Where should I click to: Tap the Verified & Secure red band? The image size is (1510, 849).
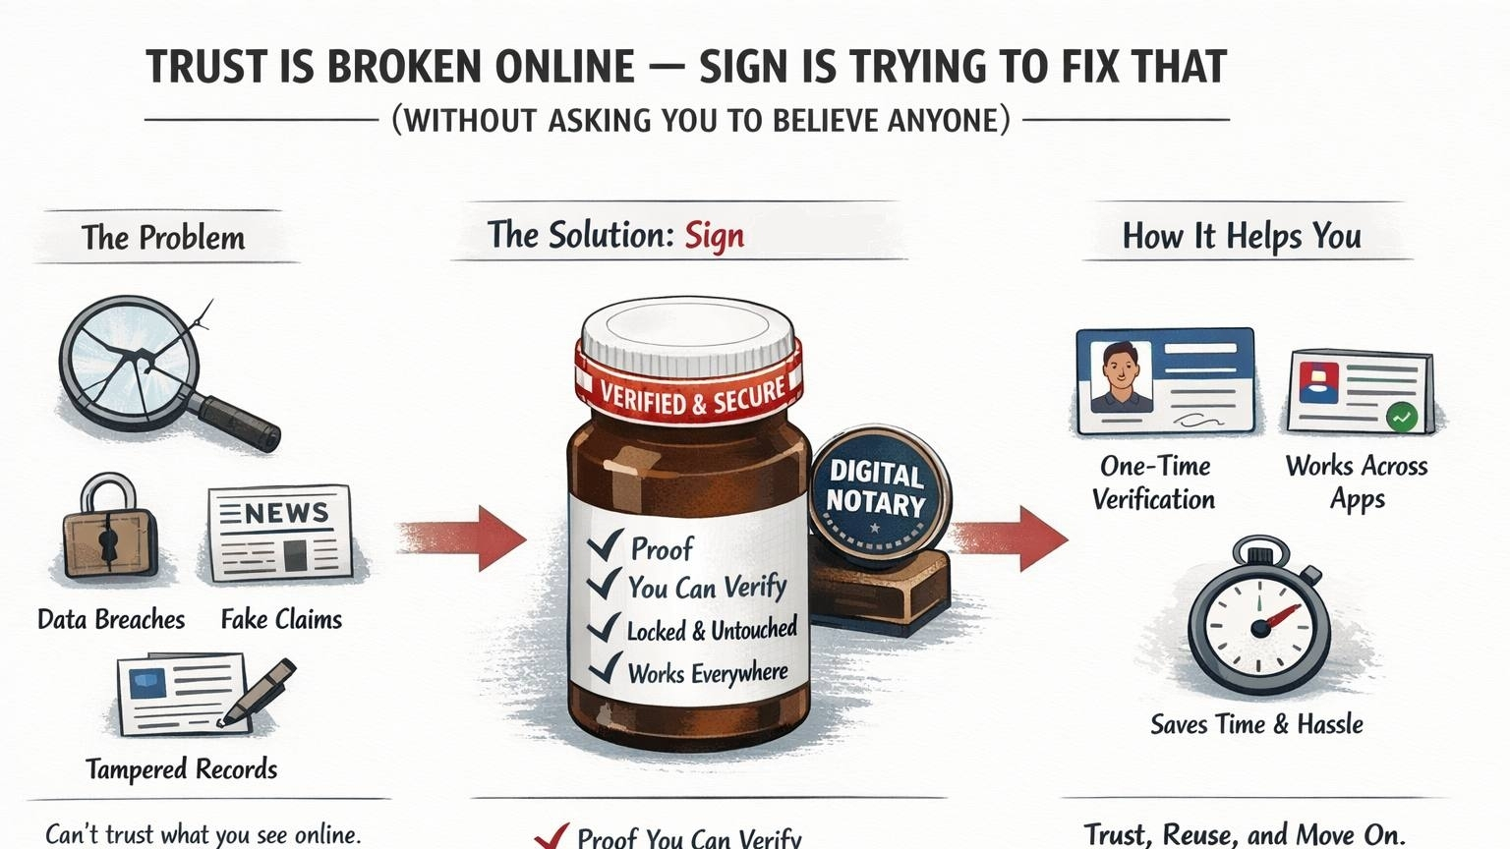[x=692, y=392]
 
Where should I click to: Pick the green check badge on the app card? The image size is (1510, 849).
[x=1402, y=417]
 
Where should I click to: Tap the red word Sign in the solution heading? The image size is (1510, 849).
[x=715, y=236]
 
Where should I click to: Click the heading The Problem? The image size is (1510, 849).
[x=163, y=238]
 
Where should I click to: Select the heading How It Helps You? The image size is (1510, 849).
[x=1242, y=237]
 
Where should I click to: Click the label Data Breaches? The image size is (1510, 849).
[x=111, y=619]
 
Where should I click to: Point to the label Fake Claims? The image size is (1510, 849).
[x=281, y=619]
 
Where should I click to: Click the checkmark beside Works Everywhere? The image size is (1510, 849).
[x=604, y=671]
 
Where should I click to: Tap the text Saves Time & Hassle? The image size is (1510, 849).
[x=1256, y=724]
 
